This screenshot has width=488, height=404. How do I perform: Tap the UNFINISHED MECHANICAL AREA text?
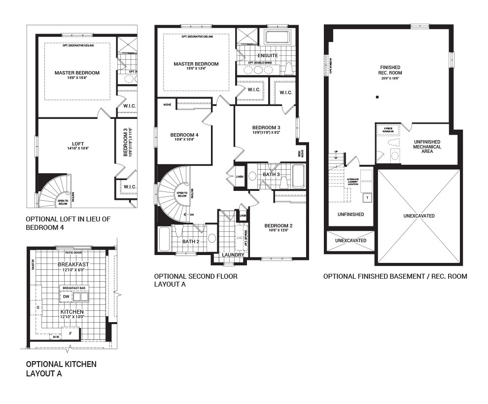click(427, 147)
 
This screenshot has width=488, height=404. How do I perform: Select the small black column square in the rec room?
click(377, 97)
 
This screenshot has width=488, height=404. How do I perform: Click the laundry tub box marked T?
click(366, 197)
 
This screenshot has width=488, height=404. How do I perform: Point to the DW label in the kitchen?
click(66, 296)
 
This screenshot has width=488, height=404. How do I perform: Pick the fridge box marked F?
click(70, 333)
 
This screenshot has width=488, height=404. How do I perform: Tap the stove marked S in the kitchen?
click(38, 307)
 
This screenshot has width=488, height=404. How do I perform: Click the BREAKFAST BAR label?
click(74, 287)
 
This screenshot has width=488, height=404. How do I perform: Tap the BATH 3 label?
click(271, 174)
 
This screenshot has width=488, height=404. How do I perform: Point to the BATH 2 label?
click(191, 241)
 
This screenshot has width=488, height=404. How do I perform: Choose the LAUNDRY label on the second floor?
click(233, 255)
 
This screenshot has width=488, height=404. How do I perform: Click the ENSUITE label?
click(268, 56)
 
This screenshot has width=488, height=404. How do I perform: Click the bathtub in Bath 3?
click(298, 177)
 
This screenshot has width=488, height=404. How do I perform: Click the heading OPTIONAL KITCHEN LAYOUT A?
click(61, 368)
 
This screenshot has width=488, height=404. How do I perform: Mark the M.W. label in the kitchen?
click(56, 337)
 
